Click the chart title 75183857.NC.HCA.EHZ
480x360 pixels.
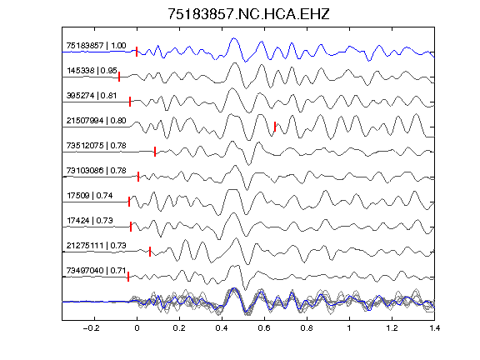click(248, 14)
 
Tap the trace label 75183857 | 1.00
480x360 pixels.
click(96, 46)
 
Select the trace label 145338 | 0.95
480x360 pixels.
click(92, 71)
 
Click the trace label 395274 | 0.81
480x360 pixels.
click(92, 96)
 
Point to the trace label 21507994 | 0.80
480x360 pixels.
click(96, 121)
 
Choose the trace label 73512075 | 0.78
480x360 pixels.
click(96, 145)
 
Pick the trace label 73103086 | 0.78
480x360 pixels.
click(96, 171)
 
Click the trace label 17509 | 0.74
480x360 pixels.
click(90, 196)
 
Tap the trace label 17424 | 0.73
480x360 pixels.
click(90, 220)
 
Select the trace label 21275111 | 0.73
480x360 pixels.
click(96, 246)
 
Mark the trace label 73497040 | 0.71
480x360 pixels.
click(96, 271)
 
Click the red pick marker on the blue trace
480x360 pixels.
click(137, 52)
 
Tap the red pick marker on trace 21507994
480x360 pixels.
click(275, 127)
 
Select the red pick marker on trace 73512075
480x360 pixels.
click(155, 152)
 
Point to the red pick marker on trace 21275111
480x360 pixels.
click(150, 252)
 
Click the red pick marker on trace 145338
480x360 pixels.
click(119, 77)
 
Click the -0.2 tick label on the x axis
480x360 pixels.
click(91, 328)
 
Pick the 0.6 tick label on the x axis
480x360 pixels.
click(264, 328)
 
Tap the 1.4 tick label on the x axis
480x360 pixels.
click(434, 328)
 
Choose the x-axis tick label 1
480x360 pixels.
click(349, 328)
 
